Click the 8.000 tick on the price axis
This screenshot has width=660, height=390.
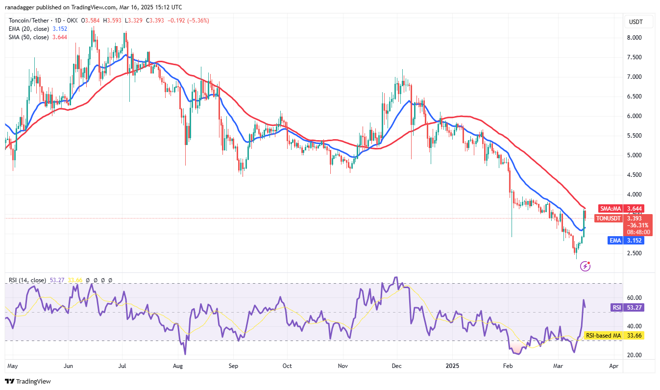point(635,38)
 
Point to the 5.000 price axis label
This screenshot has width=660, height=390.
point(635,155)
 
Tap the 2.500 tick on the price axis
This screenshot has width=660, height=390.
point(635,253)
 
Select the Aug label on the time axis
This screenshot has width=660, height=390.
point(178,366)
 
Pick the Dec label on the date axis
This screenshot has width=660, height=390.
point(397,366)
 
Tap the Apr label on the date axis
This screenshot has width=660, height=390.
point(613,366)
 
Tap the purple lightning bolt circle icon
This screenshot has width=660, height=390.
point(585,266)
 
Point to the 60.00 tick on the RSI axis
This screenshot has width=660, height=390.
point(634,297)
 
